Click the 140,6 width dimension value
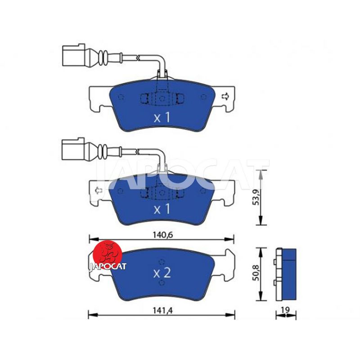(162, 235)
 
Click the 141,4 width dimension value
(162, 310)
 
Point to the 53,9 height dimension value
(256, 198)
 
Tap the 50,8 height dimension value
(256, 273)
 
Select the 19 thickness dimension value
(285, 310)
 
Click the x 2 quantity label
(162, 273)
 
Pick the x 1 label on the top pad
(162, 117)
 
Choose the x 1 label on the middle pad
(162, 209)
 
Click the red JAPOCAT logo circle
(107, 255)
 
